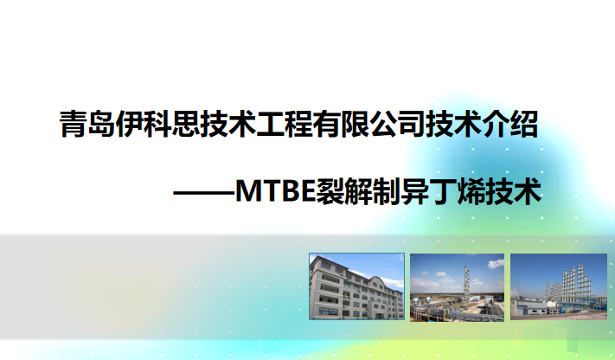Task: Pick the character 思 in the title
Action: point(185,124)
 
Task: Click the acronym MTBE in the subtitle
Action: point(275,191)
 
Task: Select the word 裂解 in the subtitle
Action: point(343,191)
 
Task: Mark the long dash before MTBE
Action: point(204,193)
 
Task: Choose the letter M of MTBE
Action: point(246,191)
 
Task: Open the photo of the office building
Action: point(356,286)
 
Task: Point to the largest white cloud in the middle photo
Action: point(496,263)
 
